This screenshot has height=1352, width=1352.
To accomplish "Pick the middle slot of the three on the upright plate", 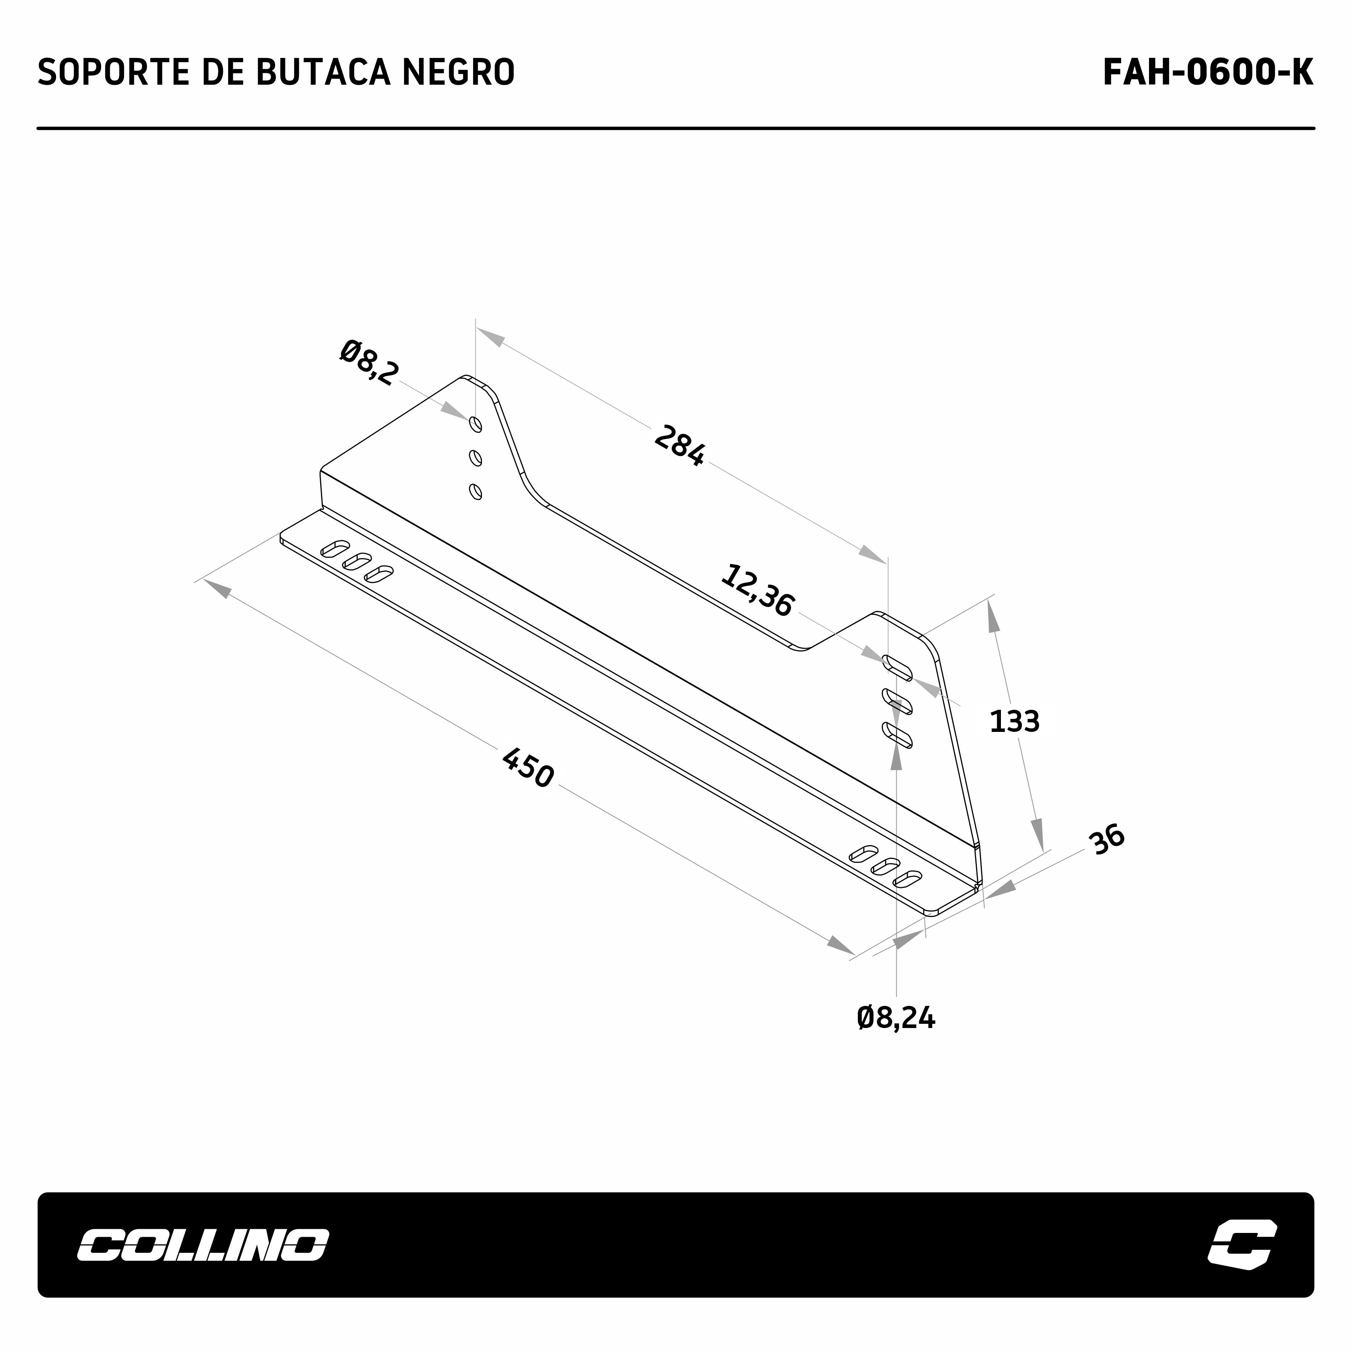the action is click(x=897, y=702).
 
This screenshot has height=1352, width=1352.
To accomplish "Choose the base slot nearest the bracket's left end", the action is click(x=335, y=548).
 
